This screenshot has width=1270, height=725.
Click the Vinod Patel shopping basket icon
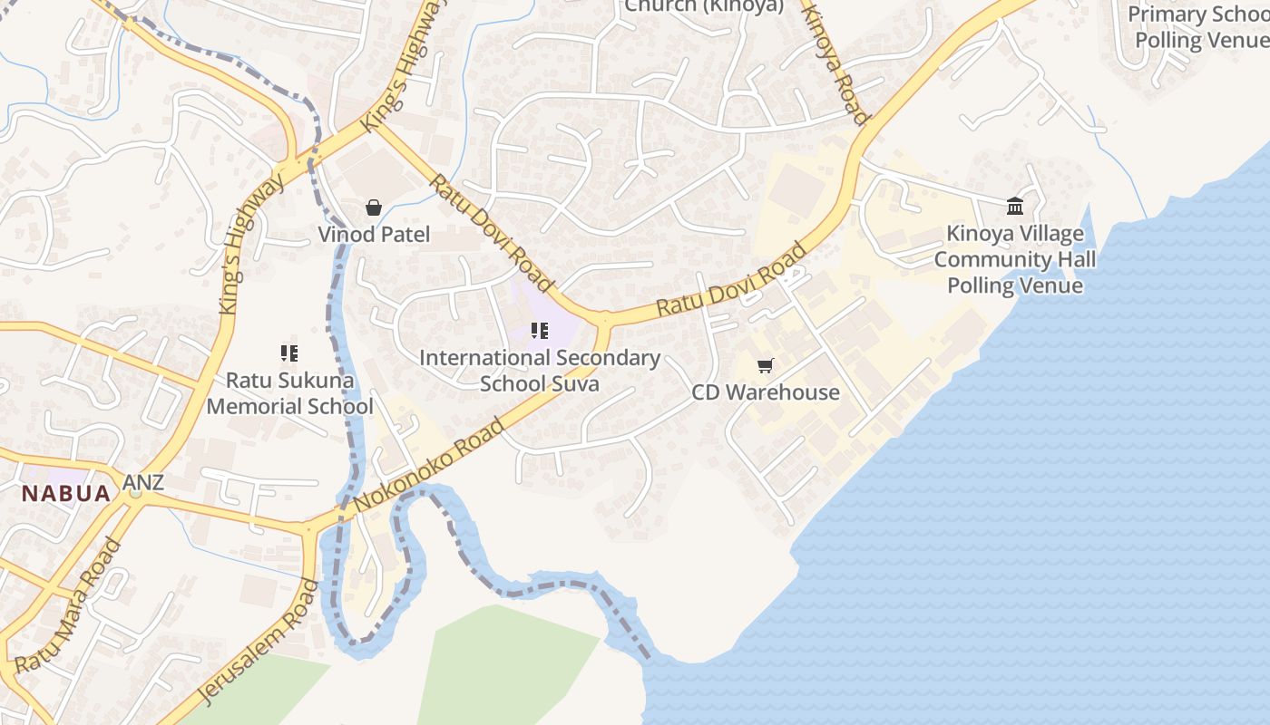373,208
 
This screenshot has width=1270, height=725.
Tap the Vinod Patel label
374,235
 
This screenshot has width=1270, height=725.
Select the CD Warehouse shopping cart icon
766,365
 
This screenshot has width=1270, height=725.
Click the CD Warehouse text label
766,392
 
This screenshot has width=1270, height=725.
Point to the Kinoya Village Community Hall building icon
1015,207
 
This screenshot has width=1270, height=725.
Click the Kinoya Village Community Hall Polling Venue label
1015,259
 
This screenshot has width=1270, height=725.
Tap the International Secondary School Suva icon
540,331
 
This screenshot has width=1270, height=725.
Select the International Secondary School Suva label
540,371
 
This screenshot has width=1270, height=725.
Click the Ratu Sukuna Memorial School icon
289,353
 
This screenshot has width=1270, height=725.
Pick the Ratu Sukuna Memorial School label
289,393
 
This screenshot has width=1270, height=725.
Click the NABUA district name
66,494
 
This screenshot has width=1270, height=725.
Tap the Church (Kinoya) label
704,5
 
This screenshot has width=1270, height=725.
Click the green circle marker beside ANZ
135,493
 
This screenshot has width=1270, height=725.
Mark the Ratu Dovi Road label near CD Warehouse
731,278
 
